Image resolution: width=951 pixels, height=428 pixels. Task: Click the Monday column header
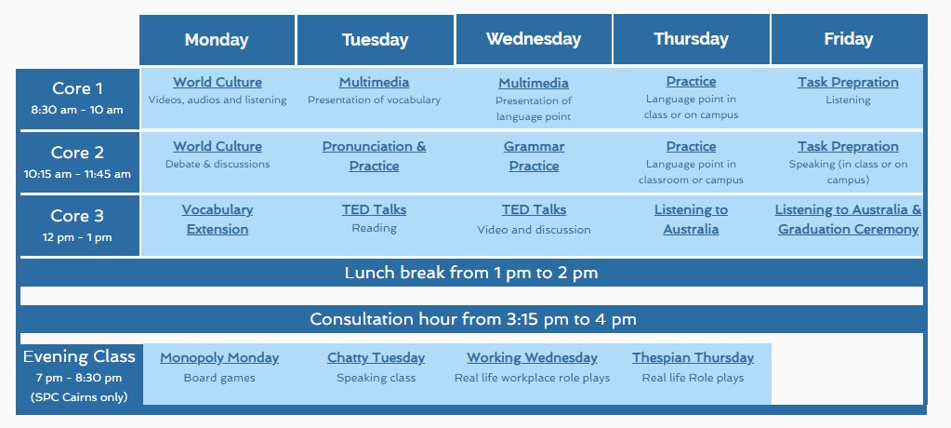click(217, 40)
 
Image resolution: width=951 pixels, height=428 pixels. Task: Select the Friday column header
click(849, 39)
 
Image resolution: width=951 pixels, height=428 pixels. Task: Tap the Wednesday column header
click(534, 39)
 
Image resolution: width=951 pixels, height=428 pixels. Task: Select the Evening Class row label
click(79, 355)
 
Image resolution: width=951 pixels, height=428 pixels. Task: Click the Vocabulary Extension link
click(218, 220)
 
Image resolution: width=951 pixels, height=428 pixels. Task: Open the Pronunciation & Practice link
click(375, 156)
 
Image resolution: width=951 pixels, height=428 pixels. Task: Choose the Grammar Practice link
click(534, 156)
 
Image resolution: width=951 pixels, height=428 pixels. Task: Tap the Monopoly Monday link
click(219, 357)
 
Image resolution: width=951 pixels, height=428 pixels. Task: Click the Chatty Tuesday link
click(376, 357)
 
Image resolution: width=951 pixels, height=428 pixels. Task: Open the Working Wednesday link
click(532, 357)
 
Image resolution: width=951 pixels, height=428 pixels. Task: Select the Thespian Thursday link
click(693, 357)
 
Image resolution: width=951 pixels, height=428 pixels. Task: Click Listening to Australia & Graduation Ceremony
click(848, 220)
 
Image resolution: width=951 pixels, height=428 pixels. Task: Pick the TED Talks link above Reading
click(375, 210)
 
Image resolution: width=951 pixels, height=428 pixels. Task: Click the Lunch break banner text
click(471, 273)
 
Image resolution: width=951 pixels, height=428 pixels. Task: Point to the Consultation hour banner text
click(473, 319)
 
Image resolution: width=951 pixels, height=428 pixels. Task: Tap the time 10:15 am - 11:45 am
click(77, 174)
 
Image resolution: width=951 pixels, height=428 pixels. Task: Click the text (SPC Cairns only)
click(79, 397)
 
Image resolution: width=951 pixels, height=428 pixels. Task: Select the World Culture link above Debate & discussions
click(218, 146)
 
